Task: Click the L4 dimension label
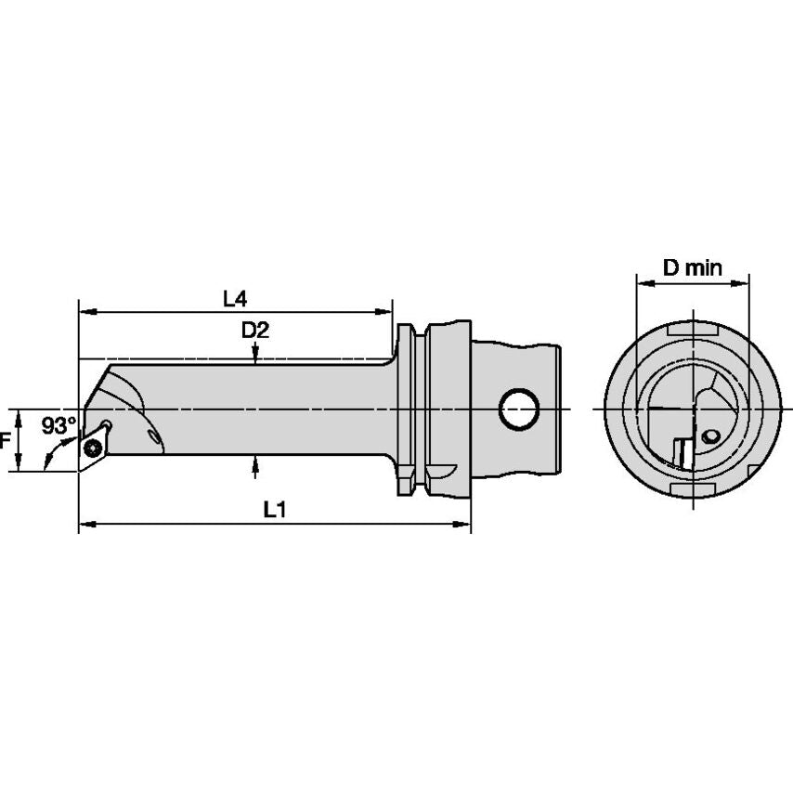[235, 299]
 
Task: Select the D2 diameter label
[255, 331]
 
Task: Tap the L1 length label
[275, 509]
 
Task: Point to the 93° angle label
[58, 425]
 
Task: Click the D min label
[693, 267]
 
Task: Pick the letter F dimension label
[5, 441]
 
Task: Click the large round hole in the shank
[519, 409]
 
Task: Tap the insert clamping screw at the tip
[94, 447]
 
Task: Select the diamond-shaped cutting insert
[94, 446]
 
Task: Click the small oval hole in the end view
[710, 435]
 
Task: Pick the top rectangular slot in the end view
[693, 331]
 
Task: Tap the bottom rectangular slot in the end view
[693, 489]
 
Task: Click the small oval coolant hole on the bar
[153, 435]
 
